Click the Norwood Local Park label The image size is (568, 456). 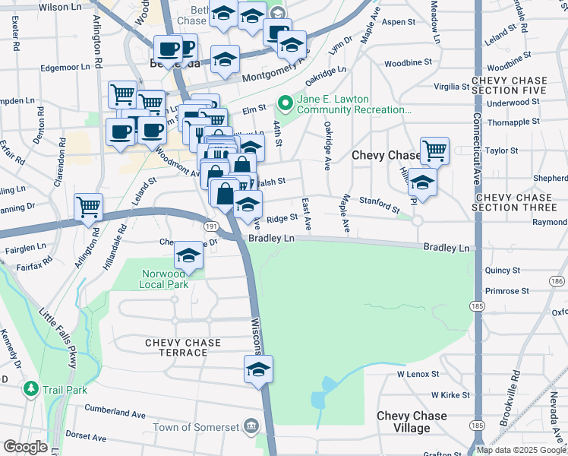point(163,279)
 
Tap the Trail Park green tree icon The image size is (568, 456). point(31,388)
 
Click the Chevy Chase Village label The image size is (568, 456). point(412,422)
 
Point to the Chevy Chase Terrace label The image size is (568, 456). point(183,348)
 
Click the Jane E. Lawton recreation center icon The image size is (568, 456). point(285,101)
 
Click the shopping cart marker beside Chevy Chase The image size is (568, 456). point(434,150)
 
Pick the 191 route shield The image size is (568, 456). point(211,226)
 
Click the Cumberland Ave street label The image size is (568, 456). point(115,415)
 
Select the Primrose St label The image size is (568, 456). point(506,291)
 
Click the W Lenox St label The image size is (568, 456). point(418,374)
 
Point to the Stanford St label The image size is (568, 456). point(380,205)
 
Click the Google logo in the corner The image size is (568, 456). point(25,447)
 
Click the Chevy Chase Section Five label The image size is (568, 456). point(509,86)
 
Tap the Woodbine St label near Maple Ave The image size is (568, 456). point(408,63)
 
